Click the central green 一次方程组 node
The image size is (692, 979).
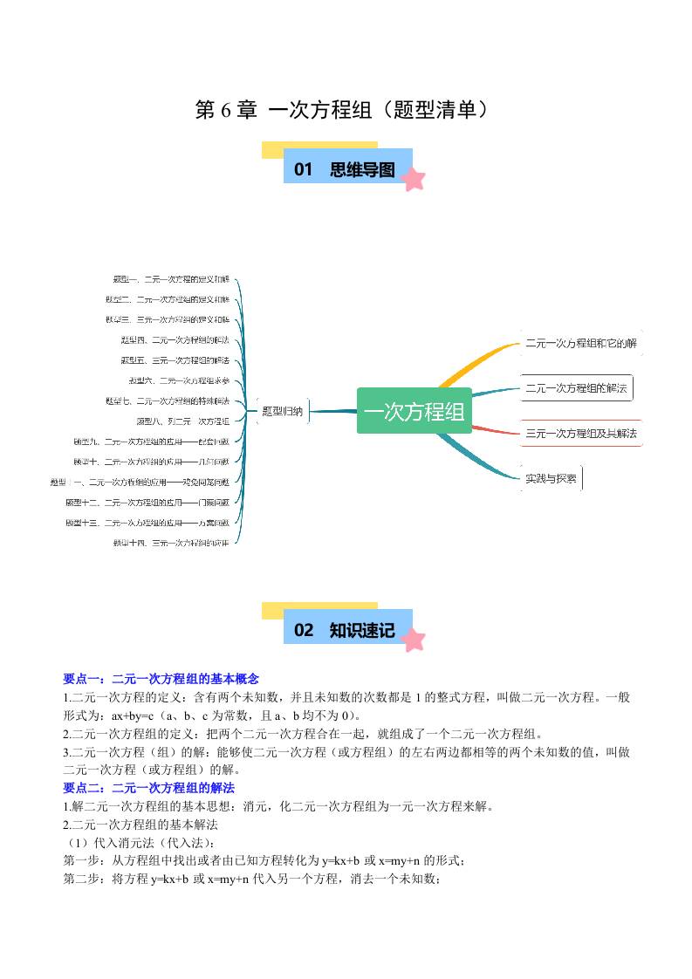click(x=414, y=411)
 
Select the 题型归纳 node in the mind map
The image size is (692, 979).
click(x=282, y=411)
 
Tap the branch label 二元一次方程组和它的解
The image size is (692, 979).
click(x=580, y=343)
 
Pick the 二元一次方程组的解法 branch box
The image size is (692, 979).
click(x=576, y=388)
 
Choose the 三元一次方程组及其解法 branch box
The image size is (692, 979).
click(x=580, y=433)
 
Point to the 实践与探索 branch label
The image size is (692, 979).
click(x=551, y=478)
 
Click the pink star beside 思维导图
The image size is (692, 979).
click(x=414, y=180)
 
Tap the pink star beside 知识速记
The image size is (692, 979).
click(x=414, y=640)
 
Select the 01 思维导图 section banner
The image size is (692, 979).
click(x=347, y=169)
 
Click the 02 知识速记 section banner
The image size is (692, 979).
click(x=347, y=630)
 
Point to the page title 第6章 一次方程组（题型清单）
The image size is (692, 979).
click(x=346, y=110)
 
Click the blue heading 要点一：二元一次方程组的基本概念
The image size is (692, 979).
click(x=161, y=678)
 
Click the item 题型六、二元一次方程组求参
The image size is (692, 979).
click(x=179, y=380)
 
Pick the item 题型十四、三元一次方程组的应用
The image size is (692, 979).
click(x=171, y=542)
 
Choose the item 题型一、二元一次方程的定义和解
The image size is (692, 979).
click(x=171, y=279)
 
